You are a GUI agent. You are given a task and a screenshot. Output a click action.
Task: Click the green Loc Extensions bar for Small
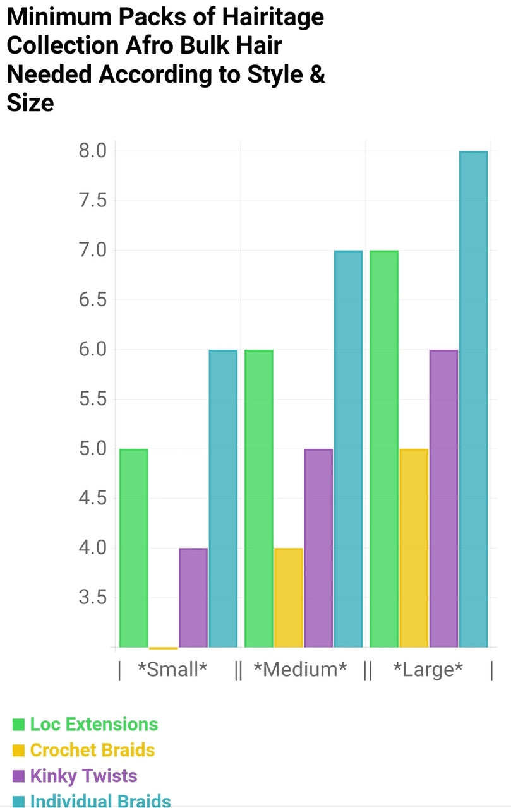pyautogui.click(x=133, y=548)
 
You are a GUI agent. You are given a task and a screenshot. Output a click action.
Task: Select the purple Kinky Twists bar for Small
pyautogui.click(x=193, y=598)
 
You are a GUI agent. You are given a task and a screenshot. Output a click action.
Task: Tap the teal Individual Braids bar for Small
pyautogui.click(x=223, y=499)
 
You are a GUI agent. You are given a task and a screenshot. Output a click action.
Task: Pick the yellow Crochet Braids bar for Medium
pyautogui.click(x=289, y=598)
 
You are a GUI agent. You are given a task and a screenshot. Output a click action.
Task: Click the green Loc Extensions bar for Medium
pyautogui.click(x=259, y=499)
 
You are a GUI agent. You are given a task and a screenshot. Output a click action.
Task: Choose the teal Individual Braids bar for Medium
pyautogui.click(x=348, y=449)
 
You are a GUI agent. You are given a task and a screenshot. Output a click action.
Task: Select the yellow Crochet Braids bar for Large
pyautogui.click(x=414, y=548)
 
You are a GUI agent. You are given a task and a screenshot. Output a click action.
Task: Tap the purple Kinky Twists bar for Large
pyautogui.click(x=443, y=499)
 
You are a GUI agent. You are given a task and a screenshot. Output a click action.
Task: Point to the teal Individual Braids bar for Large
pyautogui.click(x=473, y=400)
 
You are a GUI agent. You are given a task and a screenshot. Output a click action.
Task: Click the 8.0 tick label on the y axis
pyautogui.click(x=93, y=151)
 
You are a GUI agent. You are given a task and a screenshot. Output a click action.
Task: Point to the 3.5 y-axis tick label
pyautogui.click(x=93, y=597)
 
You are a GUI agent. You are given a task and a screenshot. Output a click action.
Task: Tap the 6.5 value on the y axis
pyautogui.click(x=93, y=300)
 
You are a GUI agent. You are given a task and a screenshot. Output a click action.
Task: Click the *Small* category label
pyautogui.click(x=172, y=670)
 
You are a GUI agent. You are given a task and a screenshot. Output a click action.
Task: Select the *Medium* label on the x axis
pyautogui.click(x=300, y=670)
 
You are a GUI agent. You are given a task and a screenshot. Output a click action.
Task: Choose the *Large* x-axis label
pyautogui.click(x=428, y=670)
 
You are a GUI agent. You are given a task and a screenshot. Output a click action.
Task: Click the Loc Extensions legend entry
pyautogui.click(x=94, y=724)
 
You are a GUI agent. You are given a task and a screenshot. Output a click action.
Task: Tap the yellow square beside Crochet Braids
pyautogui.click(x=18, y=751)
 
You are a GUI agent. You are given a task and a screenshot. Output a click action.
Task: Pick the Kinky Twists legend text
pyautogui.click(x=83, y=776)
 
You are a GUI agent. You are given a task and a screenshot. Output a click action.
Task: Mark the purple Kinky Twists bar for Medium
pyautogui.click(x=318, y=548)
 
